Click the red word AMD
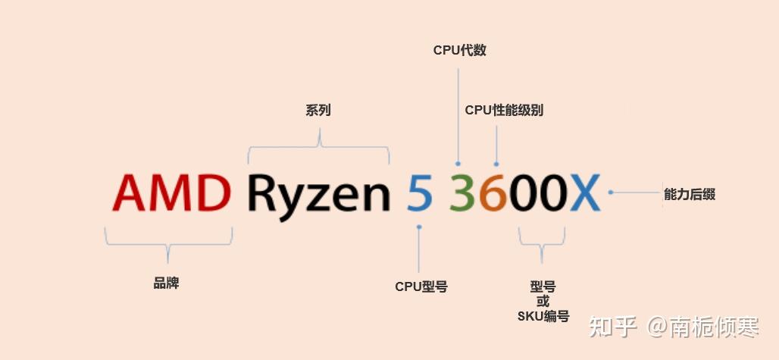click(x=172, y=193)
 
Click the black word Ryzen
click(x=318, y=195)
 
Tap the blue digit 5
click(x=419, y=193)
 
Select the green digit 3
click(x=462, y=193)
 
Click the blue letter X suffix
click(x=584, y=193)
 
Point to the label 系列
click(x=318, y=111)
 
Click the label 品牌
click(x=166, y=284)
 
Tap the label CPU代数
click(x=459, y=51)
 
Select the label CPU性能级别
click(x=504, y=111)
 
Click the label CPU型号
click(x=421, y=287)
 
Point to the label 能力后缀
click(x=689, y=195)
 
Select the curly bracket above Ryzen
click(x=319, y=147)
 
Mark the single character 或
click(x=543, y=302)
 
